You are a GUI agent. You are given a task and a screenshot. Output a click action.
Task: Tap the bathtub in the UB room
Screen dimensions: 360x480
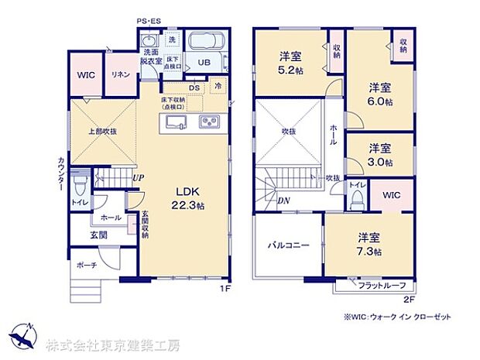click(x=205, y=42)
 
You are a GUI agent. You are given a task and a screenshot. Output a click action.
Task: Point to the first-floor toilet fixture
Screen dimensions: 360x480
click(x=79, y=185)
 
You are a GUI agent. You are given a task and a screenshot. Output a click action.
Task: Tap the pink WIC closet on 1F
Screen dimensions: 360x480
click(x=85, y=75)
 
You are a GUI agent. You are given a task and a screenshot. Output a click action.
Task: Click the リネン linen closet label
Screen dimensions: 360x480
click(x=120, y=75)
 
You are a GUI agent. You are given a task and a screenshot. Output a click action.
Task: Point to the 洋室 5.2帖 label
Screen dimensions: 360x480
click(x=291, y=61)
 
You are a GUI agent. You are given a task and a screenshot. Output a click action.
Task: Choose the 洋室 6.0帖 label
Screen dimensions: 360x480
click(x=379, y=94)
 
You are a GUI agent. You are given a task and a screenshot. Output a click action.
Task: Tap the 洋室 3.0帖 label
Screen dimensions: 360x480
click(x=379, y=155)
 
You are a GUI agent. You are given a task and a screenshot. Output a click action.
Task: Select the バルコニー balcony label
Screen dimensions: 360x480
click(x=289, y=245)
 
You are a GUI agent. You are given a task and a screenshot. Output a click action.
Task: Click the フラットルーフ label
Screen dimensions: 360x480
click(x=382, y=286)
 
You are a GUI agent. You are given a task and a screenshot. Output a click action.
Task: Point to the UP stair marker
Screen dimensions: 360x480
click(x=137, y=178)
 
